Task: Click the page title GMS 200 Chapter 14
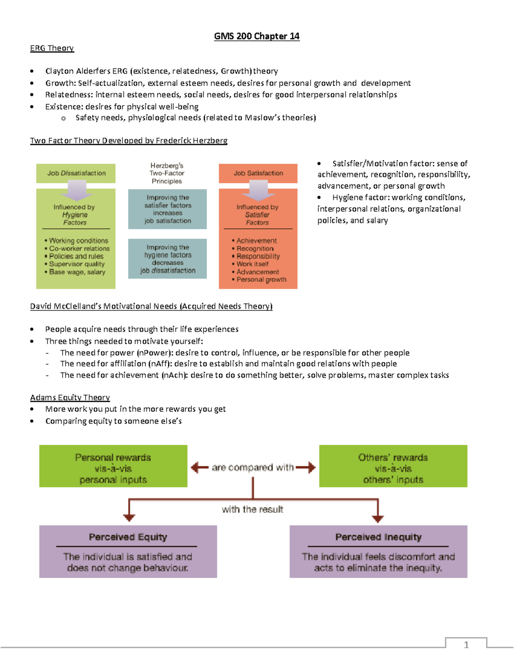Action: pyautogui.click(x=257, y=36)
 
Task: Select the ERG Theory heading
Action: pyautogui.click(x=52, y=48)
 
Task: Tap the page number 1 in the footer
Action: pyautogui.click(x=466, y=645)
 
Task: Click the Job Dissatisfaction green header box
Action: pyautogui.click(x=76, y=173)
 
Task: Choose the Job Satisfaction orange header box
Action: pyautogui.click(x=258, y=173)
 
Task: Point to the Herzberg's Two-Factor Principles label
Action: pyautogui.click(x=167, y=173)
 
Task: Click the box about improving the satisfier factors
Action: pyautogui.click(x=167, y=209)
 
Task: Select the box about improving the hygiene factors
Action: pyautogui.click(x=167, y=259)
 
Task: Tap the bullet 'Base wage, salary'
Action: pyautogui.click(x=77, y=272)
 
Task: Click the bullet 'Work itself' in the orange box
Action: pyautogui.click(x=252, y=264)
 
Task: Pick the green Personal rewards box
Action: pyautogui.click(x=113, y=466)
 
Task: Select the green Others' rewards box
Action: pyautogui.click(x=393, y=466)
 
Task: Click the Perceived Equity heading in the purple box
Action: pyautogui.click(x=128, y=537)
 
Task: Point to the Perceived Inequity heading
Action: pyautogui.click(x=378, y=537)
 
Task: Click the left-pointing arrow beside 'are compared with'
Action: pyautogui.click(x=199, y=467)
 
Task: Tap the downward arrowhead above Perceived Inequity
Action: pyautogui.click(x=377, y=519)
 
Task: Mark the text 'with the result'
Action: pyautogui.click(x=252, y=510)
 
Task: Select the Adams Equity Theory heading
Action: pyautogui.click(x=70, y=397)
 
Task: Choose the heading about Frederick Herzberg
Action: pyautogui.click(x=128, y=140)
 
